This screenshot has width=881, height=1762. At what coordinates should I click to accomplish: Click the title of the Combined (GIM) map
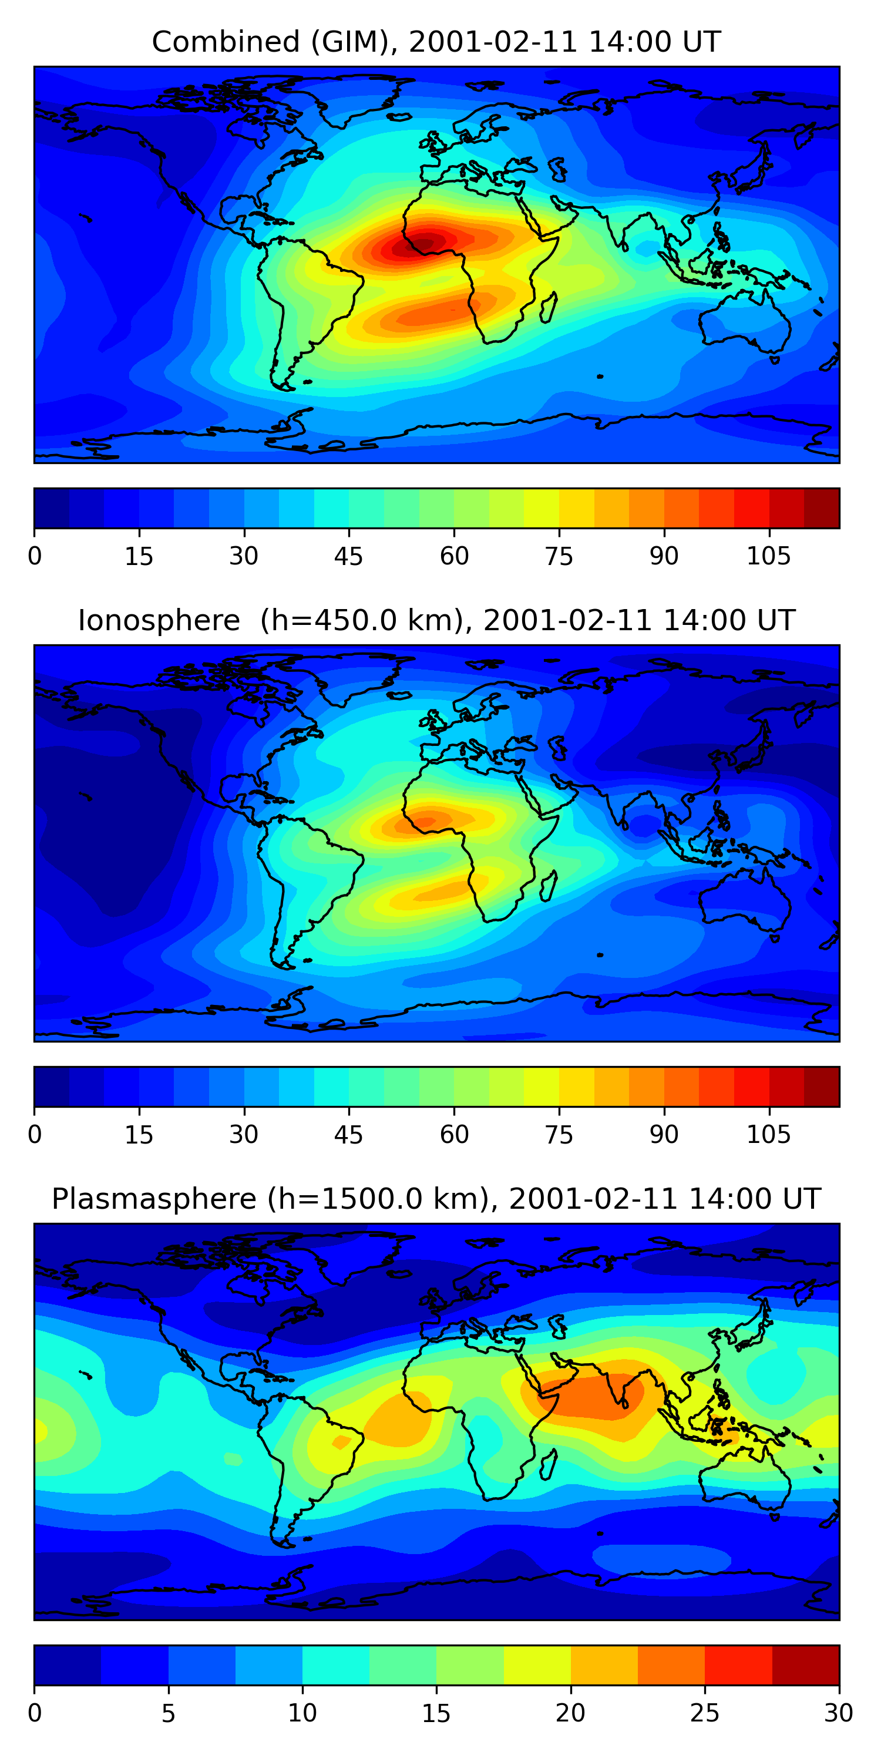(436, 42)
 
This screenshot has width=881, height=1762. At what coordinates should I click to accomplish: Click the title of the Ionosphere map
(436, 620)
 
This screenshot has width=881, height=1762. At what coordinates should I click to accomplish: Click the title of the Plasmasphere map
(436, 1199)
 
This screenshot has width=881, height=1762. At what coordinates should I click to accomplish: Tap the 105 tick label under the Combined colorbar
(768, 556)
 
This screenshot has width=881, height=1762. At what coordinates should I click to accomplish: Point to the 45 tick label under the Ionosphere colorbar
(348, 1135)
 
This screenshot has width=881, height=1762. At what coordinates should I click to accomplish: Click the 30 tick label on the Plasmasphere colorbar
(838, 1713)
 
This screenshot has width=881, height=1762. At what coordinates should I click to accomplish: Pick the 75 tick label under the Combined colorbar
(558, 556)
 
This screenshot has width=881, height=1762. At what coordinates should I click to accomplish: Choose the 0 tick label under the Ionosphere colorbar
(35, 1135)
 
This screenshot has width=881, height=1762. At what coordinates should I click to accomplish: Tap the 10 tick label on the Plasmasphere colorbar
(302, 1713)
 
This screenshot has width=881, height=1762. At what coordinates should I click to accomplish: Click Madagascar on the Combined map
(548, 308)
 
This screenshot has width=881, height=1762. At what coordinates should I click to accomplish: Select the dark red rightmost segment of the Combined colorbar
(821, 508)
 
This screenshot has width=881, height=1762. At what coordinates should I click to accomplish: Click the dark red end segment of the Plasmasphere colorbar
(805, 1665)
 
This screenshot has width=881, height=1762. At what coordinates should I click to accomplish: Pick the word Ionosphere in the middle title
(159, 620)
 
